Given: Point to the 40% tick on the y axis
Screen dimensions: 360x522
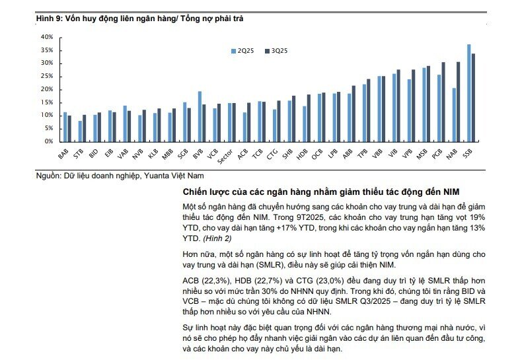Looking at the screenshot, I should pyautogui.click(x=46, y=37).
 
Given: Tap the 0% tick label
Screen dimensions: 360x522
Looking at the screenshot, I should pyautogui.click(x=48, y=141).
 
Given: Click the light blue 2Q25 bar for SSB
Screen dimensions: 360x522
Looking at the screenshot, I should pyautogui.click(x=469, y=92).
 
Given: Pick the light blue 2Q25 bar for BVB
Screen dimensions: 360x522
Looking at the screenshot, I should pyautogui.click(x=200, y=116).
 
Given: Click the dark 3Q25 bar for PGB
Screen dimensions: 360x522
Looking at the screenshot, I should pyautogui.click(x=443, y=101).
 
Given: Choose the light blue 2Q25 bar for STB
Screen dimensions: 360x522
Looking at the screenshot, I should pyautogui.click(x=80, y=131).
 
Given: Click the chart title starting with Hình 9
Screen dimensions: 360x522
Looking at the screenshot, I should pyautogui.click(x=139, y=18).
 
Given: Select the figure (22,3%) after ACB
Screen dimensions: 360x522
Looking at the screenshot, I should pyautogui.click(x=215, y=280).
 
